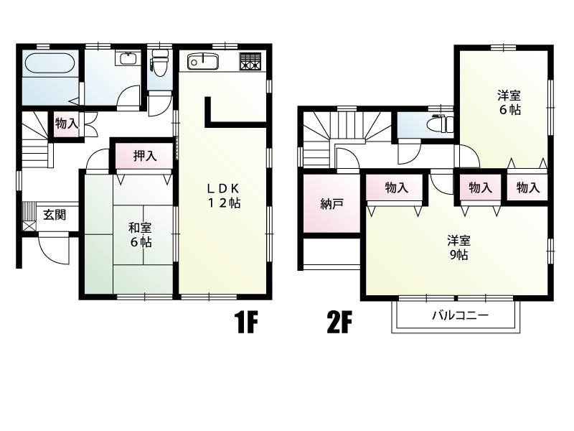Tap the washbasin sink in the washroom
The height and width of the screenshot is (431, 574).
click(128, 59)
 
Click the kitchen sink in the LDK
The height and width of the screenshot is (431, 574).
click(203, 61)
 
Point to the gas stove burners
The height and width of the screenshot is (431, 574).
click(250, 61)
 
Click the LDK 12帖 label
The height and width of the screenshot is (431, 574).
click(224, 195)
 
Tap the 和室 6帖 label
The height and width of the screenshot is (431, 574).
click(140, 235)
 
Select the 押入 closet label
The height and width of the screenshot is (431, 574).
click(145, 156)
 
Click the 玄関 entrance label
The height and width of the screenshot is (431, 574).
click(55, 215)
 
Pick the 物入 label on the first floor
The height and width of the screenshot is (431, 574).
click(67, 124)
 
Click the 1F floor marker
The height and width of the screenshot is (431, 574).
click(246, 322)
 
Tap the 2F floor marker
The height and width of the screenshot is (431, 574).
click(339, 322)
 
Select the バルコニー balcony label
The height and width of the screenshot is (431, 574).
click(460, 315)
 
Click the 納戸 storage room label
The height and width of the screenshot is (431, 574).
click(331, 204)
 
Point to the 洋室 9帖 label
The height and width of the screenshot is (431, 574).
click(458, 248)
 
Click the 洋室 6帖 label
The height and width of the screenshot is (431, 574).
click(509, 103)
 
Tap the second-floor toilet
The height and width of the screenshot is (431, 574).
click(442, 124)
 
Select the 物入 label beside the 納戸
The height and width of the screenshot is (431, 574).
click(397, 188)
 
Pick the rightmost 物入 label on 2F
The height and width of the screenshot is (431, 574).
click(528, 188)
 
